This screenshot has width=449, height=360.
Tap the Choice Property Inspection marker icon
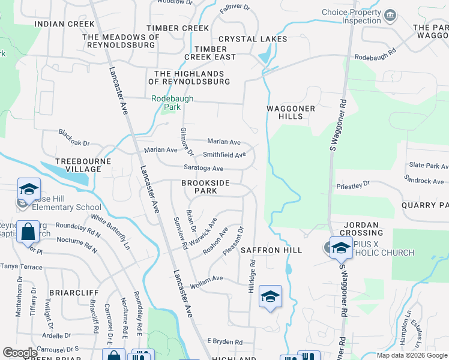coord(390,15)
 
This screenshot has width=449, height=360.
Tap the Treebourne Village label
coord(79,165)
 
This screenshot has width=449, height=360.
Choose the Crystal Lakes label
coord(253,39)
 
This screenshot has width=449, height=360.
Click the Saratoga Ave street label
coord(203,169)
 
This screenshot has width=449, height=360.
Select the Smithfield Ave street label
coord(224,155)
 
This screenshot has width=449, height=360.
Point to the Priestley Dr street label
coord(354,187)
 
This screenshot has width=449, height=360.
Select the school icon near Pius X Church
coord(340,247)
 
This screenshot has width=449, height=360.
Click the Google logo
coord(20,353)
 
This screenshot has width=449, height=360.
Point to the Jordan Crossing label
coord(362,229)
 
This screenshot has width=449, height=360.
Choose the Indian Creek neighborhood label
coord(64,24)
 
